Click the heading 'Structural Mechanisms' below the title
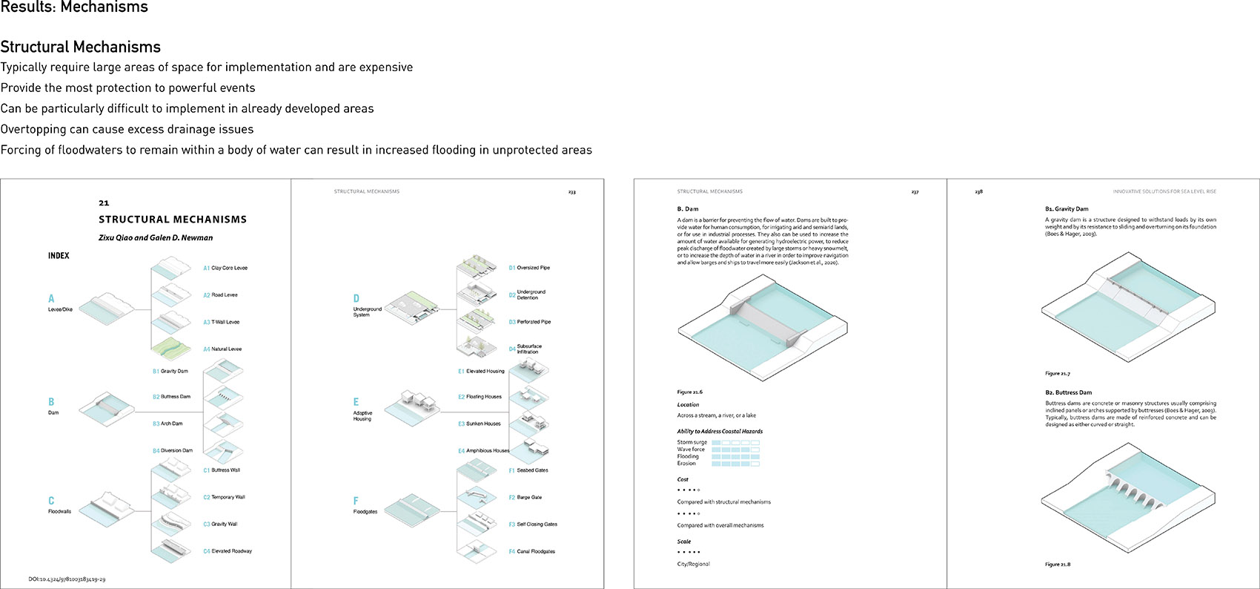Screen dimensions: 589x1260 (x=80, y=47)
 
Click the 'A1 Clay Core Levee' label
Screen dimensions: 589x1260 (x=225, y=268)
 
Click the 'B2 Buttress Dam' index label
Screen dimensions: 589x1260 (x=171, y=397)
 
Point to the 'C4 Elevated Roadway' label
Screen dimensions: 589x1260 (x=228, y=551)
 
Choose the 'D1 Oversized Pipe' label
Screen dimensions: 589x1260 (x=529, y=268)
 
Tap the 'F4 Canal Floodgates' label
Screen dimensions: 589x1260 (x=531, y=552)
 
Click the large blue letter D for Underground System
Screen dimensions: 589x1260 (x=357, y=298)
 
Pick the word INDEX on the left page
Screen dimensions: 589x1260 (x=59, y=256)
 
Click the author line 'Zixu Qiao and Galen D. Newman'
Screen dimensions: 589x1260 (x=156, y=238)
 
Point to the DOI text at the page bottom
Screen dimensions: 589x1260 (x=67, y=579)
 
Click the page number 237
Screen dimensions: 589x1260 (x=915, y=192)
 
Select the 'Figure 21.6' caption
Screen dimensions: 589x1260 (x=689, y=392)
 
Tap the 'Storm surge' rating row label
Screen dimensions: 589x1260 (x=692, y=442)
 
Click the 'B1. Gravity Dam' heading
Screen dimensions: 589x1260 (x=1067, y=209)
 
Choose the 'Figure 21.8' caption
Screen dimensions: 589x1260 (x=1058, y=565)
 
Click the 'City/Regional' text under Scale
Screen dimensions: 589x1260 (x=693, y=565)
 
